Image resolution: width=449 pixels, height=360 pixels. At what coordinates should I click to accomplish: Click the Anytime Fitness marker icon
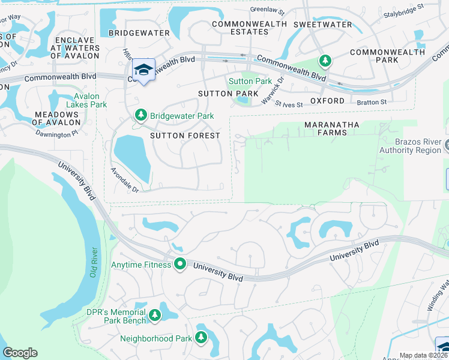point(179,264)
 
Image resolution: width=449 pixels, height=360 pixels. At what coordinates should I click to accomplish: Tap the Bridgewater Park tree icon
point(140,115)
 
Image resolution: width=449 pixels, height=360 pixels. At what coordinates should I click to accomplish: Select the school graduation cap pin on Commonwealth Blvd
point(143,70)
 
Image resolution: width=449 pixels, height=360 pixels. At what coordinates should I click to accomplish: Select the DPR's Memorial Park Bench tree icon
point(155,314)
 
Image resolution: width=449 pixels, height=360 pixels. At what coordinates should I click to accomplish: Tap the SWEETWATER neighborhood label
point(322,25)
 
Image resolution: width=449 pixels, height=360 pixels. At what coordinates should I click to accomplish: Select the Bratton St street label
point(373,103)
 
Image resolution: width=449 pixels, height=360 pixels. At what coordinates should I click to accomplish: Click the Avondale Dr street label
point(124,180)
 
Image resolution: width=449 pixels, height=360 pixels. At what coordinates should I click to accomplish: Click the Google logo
point(20,353)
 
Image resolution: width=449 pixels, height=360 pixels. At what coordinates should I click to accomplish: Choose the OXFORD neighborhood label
point(327,101)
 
